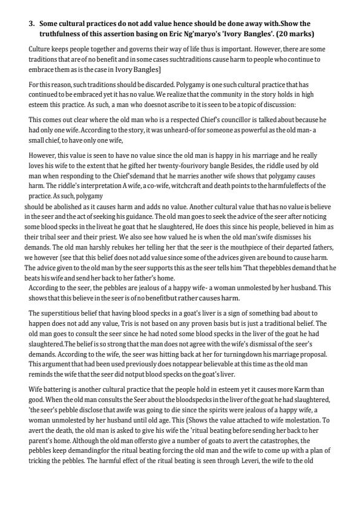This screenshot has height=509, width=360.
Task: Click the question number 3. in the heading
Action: pos(33,24)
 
